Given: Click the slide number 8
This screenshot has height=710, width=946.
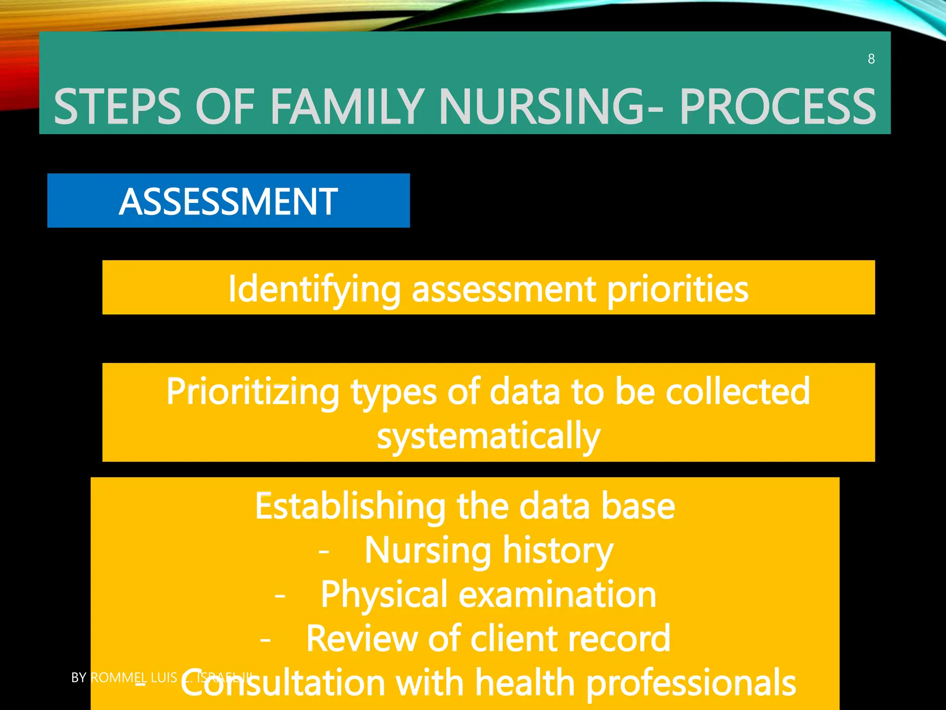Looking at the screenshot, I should coord(871,59).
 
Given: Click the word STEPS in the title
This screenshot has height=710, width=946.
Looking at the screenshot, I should coord(118,107).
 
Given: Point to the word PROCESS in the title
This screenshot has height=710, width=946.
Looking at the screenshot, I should coord(777,107).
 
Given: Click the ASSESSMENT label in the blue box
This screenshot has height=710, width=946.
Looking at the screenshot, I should coord(228,202).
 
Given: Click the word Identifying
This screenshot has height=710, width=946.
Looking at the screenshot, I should coord(314,289).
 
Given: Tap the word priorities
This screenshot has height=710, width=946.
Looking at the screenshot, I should coord(677,289).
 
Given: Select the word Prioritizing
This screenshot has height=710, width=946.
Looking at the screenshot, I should coord(253,392).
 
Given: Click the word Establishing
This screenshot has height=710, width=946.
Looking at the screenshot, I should coord(350,507).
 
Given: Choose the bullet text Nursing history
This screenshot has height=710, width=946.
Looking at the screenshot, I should coord(489,551).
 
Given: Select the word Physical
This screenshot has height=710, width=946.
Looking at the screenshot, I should coord(384,594).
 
